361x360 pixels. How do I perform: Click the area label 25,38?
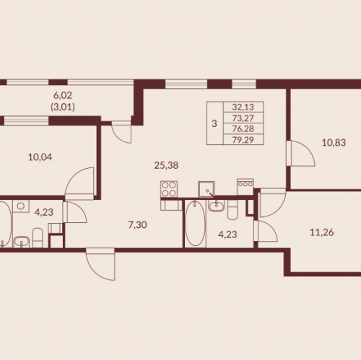click(x=166, y=165)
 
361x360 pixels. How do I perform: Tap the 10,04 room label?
click(x=40, y=157)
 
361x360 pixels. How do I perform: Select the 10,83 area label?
click(x=334, y=143)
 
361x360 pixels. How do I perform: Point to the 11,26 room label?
click(x=322, y=232)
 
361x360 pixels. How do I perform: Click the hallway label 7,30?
click(x=137, y=225)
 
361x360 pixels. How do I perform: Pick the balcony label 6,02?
click(x=63, y=95)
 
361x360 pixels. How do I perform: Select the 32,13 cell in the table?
click(x=243, y=107)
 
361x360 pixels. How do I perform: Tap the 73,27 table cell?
click(x=243, y=118)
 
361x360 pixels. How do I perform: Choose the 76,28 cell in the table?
click(x=243, y=128)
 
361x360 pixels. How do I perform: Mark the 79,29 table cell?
click(x=243, y=139)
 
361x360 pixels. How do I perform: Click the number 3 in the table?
click(x=214, y=123)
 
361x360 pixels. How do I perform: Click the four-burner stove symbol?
click(x=169, y=189)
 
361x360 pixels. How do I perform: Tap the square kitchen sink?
click(x=206, y=189)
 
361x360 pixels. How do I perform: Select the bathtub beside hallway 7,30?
click(x=196, y=224)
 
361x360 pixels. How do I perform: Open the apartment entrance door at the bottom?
click(x=100, y=265)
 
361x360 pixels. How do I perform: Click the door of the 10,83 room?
click(x=301, y=154)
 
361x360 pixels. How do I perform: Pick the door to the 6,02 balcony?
click(x=121, y=132)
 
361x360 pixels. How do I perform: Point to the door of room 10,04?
click(x=79, y=183)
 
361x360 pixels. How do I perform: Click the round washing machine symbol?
click(x=21, y=206)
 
